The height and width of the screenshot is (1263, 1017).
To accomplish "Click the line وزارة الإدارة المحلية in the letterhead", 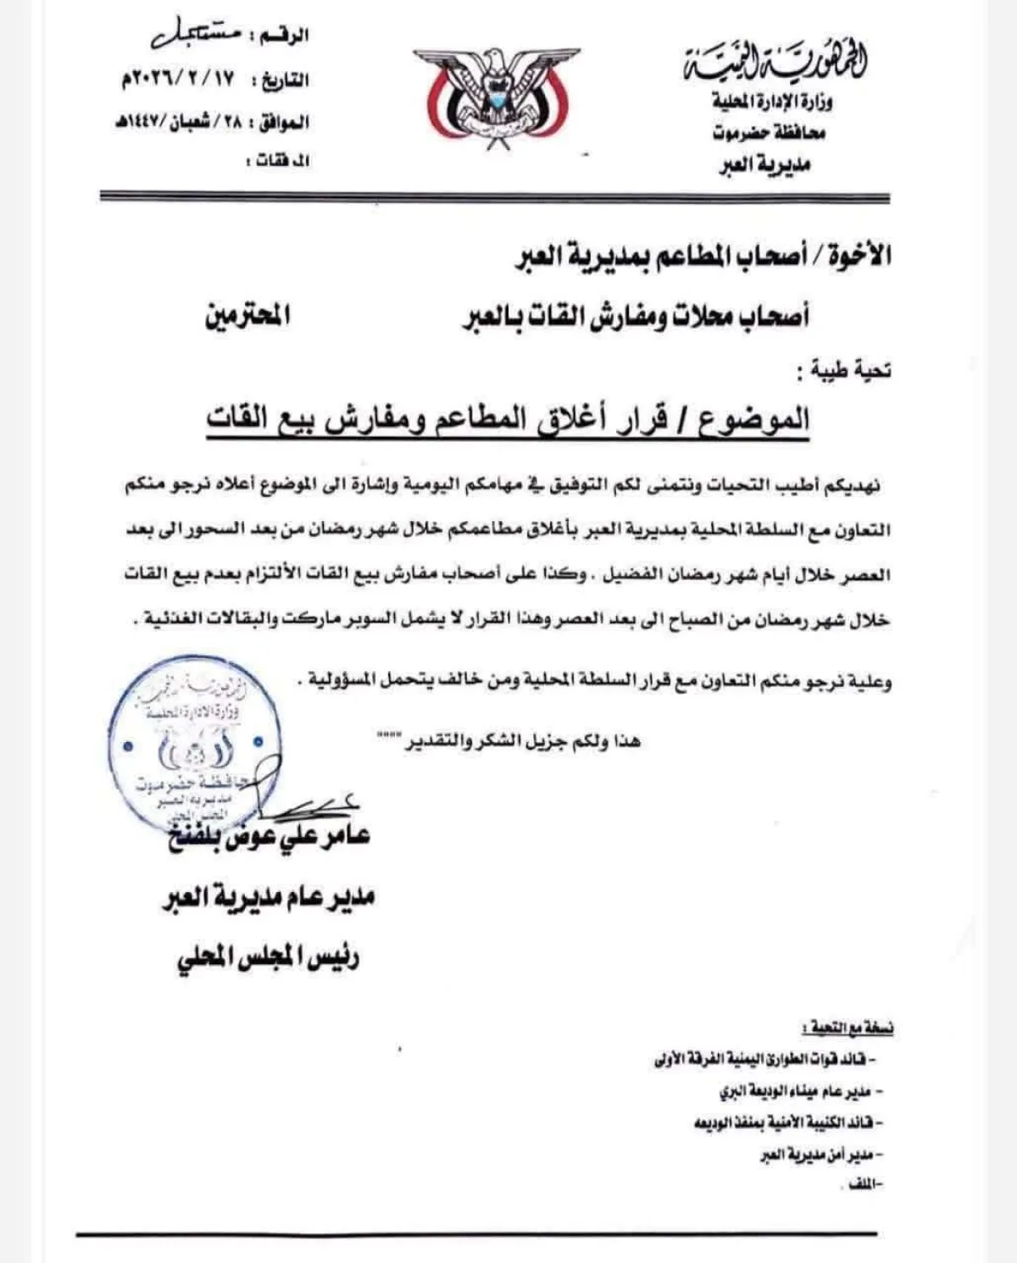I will click(x=771, y=103).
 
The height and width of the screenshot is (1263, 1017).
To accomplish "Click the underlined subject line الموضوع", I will click(x=508, y=419).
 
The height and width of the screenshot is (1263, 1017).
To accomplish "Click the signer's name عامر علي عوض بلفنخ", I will click(x=270, y=837).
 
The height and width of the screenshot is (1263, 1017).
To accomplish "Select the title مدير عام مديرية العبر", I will click(x=269, y=898).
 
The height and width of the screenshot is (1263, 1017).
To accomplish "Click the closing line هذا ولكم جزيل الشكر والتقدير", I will click(x=508, y=741).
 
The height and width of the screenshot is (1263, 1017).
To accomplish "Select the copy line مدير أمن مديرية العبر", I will click(x=817, y=1155).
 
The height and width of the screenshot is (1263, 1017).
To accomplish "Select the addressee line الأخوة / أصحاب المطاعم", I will click(x=703, y=256).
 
